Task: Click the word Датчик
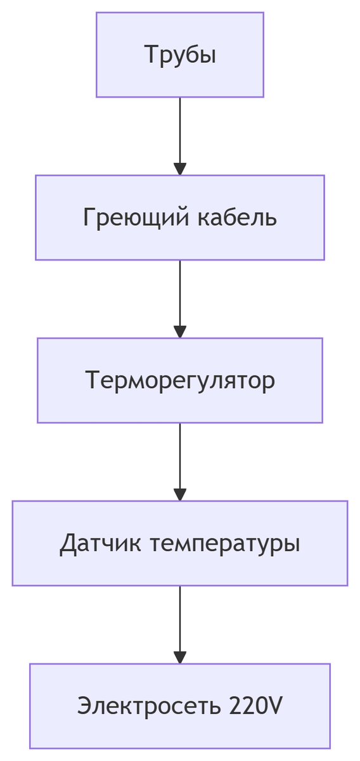pyautogui.click(x=101, y=543)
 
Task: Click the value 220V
pyautogui.click(x=256, y=706)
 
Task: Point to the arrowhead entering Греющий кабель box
pyautogui.click(x=180, y=169)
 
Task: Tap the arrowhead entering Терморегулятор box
pyautogui.click(x=180, y=332)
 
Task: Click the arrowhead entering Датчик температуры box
pyautogui.click(x=180, y=495)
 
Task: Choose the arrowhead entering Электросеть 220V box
pyautogui.click(x=180, y=658)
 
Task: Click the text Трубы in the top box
pyautogui.click(x=180, y=55)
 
